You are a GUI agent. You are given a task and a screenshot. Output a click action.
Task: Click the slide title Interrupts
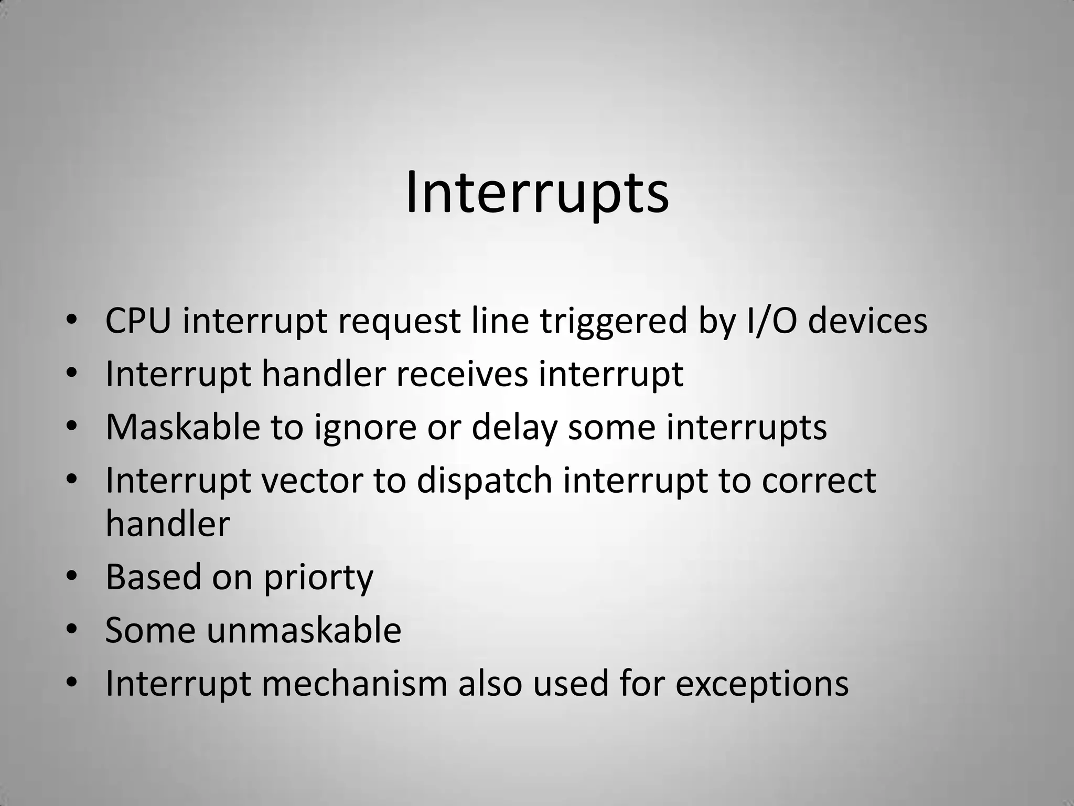[537, 192]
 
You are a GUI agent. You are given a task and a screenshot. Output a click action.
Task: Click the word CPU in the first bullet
[138, 321]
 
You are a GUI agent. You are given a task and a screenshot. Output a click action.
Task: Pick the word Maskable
[182, 427]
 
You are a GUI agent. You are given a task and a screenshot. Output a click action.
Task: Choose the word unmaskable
[304, 630]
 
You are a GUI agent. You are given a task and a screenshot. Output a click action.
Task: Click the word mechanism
[354, 683]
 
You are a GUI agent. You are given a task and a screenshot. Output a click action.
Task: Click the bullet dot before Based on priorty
[72, 577]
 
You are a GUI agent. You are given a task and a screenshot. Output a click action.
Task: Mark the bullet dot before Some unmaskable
[72, 630]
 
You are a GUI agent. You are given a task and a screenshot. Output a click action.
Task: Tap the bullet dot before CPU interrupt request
[72, 321]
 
